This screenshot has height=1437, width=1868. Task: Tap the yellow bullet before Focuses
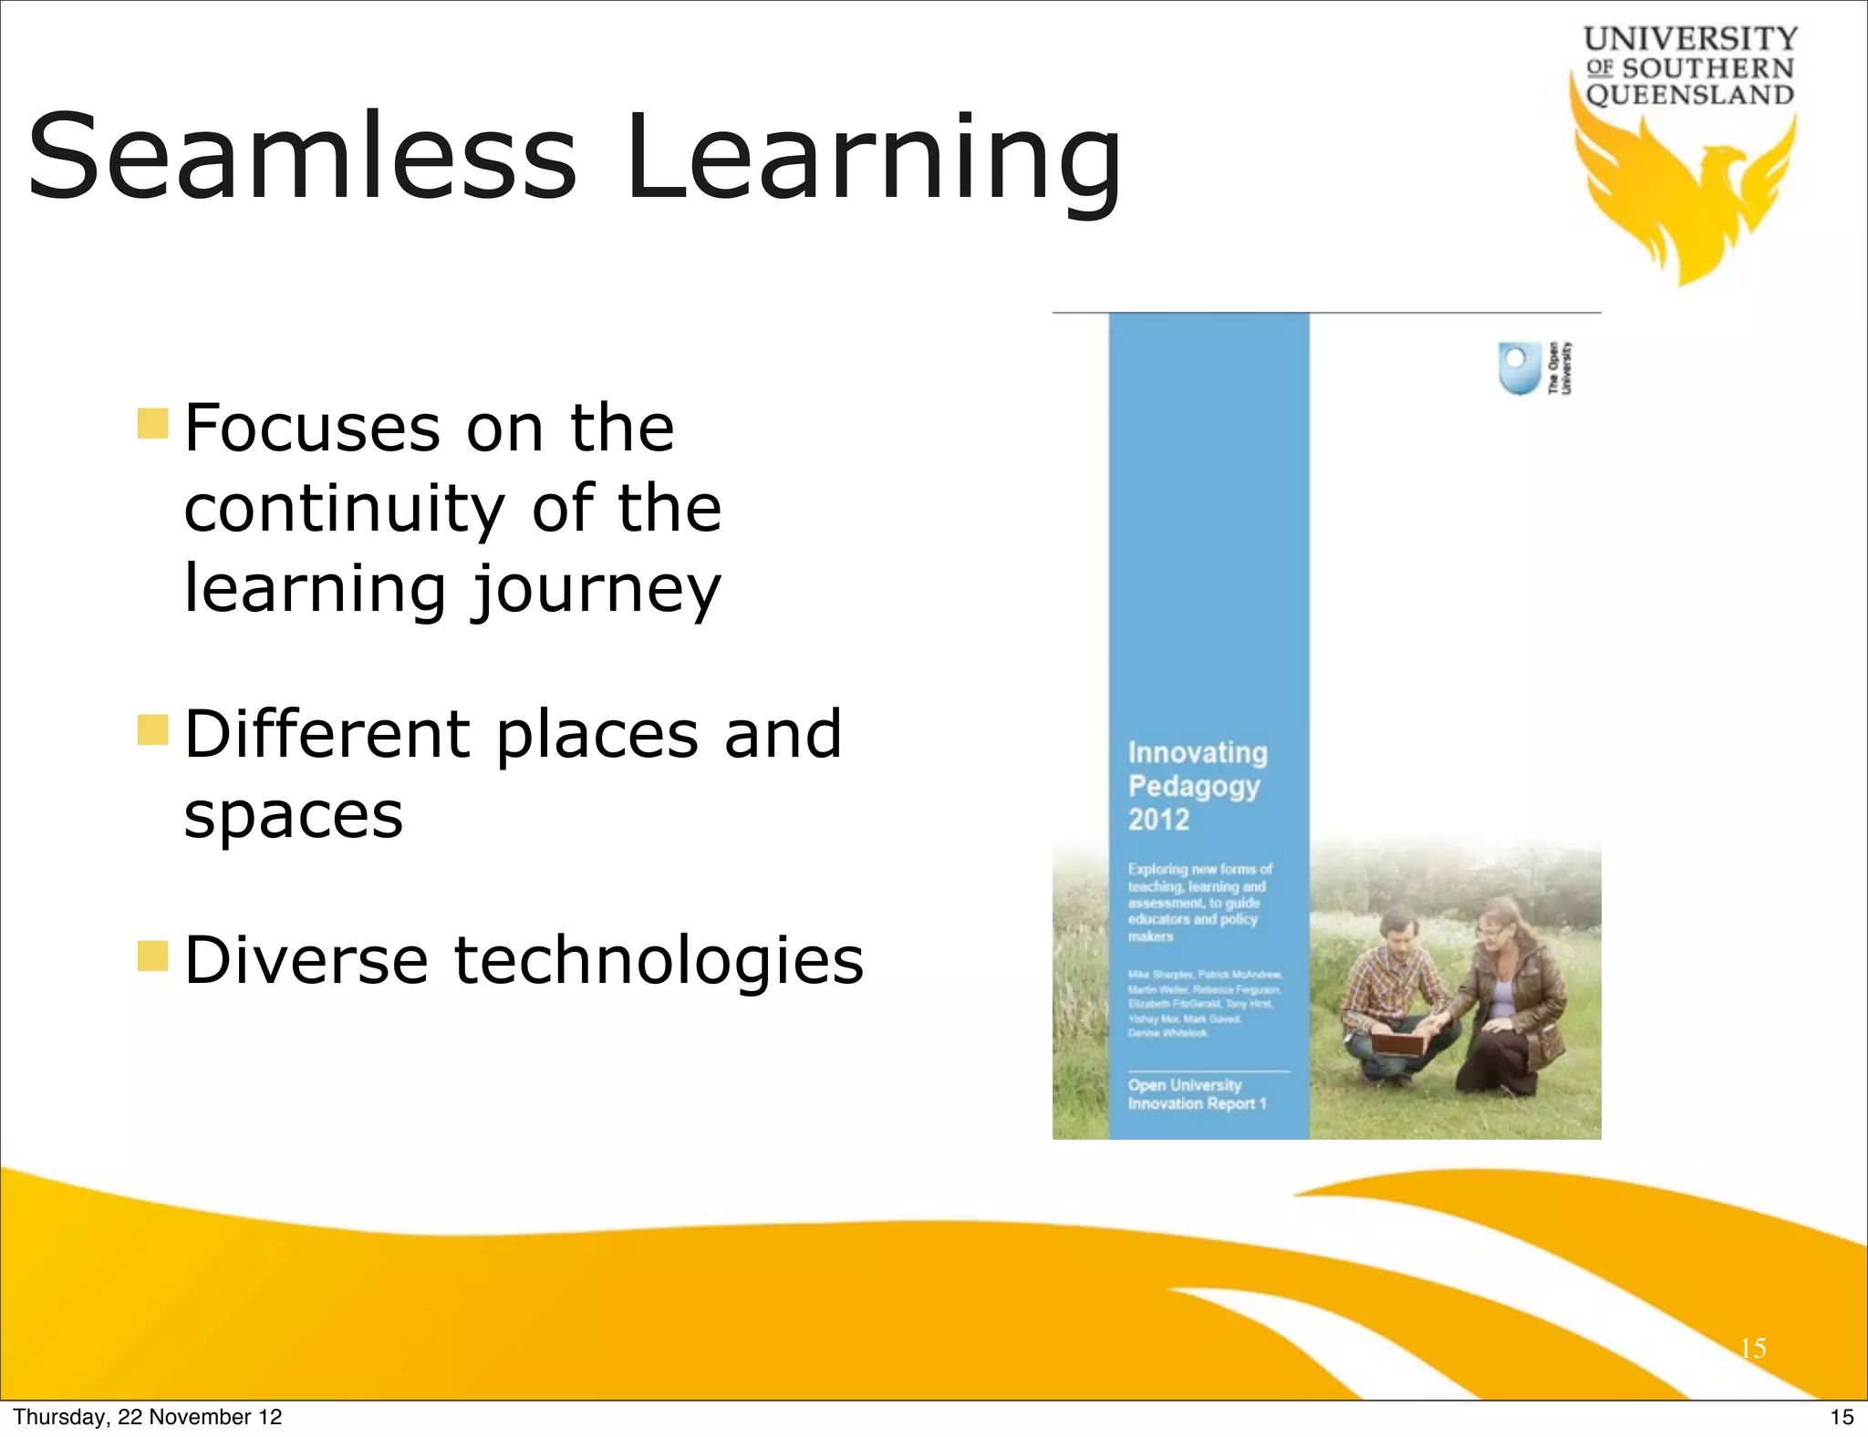coord(153,424)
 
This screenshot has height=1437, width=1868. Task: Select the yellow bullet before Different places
coord(153,730)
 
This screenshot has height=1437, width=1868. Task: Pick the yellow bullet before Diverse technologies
coord(153,956)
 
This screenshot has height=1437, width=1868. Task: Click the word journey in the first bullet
coord(597,591)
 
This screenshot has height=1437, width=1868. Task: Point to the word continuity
coord(344,508)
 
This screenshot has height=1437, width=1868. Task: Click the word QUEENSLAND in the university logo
coord(1689,95)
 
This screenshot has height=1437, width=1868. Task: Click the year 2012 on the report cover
coord(1158,819)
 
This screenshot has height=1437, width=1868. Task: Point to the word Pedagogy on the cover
coord(1194,786)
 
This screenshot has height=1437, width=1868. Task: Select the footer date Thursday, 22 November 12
coord(148,1417)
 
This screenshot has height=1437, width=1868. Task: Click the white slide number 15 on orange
coord(1752,1348)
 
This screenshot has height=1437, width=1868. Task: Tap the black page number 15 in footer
coord(1842,1417)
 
